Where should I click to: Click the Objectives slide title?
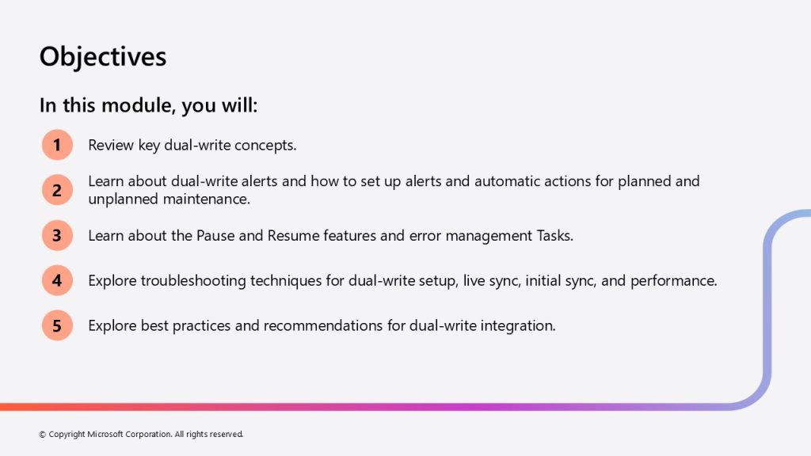tap(103, 57)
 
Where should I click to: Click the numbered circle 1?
tap(57, 145)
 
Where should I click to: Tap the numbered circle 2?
tap(57, 190)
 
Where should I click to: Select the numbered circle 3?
tap(57, 235)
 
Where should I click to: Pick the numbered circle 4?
tap(57, 280)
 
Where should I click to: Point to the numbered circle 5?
tap(57, 325)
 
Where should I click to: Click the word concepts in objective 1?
tap(265, 146)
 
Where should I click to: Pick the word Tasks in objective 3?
tap(555, 236)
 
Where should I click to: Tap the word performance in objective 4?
tap(673, 281)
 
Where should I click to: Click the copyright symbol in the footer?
tap(43, 435)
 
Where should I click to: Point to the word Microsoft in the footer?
tap(105, 435)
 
